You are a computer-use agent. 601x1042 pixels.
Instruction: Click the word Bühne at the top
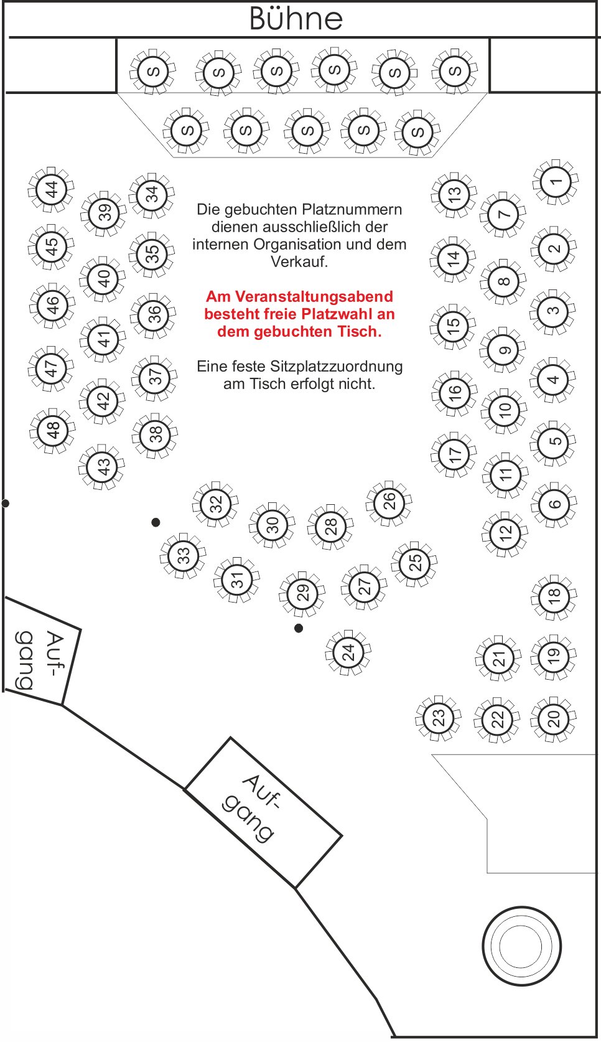click(296, 19)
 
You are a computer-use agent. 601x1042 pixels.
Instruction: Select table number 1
click(556, 182)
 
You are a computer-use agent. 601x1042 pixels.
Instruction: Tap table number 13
click(454, 194)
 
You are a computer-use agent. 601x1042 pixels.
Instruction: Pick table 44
click(51, 190)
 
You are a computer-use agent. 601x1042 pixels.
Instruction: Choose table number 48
click(52, 431)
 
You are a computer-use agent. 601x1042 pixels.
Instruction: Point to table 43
click(102, 467)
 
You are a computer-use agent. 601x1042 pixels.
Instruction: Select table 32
click(216, 504)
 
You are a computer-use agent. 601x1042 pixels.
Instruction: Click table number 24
click(348, 652)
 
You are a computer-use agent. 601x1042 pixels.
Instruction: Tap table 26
click(389, 504)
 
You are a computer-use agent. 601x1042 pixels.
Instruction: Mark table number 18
click(554, 598)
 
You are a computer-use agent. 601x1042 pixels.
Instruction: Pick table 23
click(439, 719)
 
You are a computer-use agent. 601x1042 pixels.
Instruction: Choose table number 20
click(554, 719)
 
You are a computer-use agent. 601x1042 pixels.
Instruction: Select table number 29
click(302, 594)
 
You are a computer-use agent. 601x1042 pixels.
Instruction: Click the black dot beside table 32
click(156, 522)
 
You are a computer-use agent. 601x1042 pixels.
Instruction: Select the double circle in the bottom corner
click(521, 946)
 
